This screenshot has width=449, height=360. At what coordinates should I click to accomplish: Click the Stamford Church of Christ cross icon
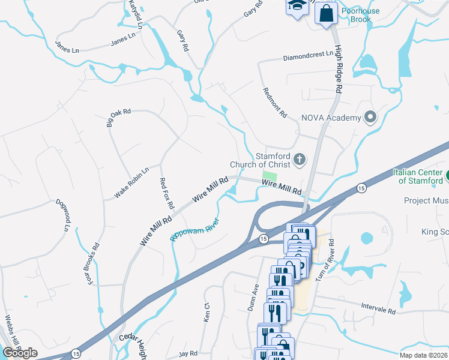tap(300, 160)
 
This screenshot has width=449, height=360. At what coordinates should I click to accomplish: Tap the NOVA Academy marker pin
tap(370, 117)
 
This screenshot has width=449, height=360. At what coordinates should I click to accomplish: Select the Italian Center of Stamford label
tap(419, 176)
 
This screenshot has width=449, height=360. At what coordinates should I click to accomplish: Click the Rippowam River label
tap(195, 230)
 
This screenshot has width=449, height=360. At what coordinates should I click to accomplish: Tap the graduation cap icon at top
tap(297, 6)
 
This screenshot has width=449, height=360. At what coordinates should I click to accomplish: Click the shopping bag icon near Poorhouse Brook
tap(327, 13)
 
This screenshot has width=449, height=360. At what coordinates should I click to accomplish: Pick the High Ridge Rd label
tap(339, 70)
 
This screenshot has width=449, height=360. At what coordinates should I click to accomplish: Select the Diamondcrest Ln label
tap(308, 56)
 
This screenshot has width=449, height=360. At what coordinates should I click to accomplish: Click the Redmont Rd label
tap(276, 102)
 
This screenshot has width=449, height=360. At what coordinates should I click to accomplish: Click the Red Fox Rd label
tap(166, 193)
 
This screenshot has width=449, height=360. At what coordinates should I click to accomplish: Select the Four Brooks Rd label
tap(92, 264)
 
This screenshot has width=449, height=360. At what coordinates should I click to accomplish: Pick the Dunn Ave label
tap(258, 296)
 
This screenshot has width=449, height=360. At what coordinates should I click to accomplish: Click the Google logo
tap(20, 353)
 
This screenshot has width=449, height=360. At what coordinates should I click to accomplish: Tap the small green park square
tap(271, 176)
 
